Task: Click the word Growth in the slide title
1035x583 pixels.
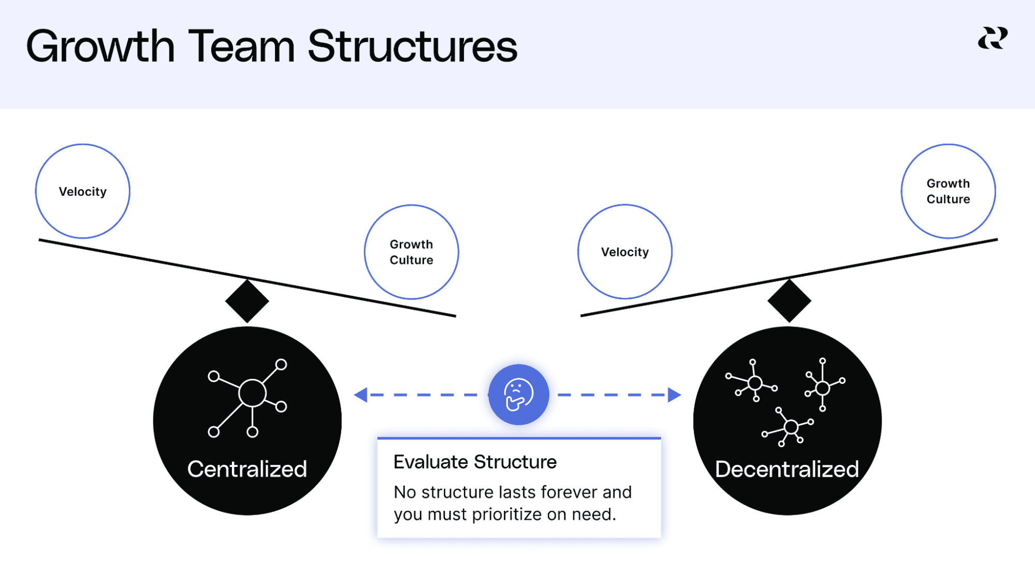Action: click(x=100, y=47)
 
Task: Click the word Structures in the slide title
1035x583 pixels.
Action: click(x=412, y=47)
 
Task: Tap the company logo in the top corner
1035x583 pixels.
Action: click(x=993, y=38)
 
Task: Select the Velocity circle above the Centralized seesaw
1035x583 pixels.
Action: click(x=83, y=191)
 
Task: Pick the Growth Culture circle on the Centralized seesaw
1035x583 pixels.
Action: click(x=412, y=252)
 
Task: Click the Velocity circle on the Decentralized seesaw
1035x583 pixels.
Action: click(x=625, y=252)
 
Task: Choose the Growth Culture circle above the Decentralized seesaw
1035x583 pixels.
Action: click(x=948, y=191)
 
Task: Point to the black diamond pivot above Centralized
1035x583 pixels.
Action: click(x=247, y=301)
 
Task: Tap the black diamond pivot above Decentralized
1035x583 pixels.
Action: click(x=789, y=301)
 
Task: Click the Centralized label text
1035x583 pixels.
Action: click(x=247, y=469)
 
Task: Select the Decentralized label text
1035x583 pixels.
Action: click(x=787, y=469)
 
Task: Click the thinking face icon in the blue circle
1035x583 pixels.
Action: click(x=518, y=395)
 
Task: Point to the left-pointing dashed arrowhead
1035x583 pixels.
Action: click(x=361, y=395)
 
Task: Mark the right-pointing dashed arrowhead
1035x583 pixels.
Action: click(x=674, y=395)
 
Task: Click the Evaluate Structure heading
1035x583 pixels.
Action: click(x=475, y=462)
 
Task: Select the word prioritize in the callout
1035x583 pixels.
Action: click(x=507, y=514)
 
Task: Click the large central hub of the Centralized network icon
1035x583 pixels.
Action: click(x=252, y=393)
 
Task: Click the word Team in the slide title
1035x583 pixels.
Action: click(x=241, y=47)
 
